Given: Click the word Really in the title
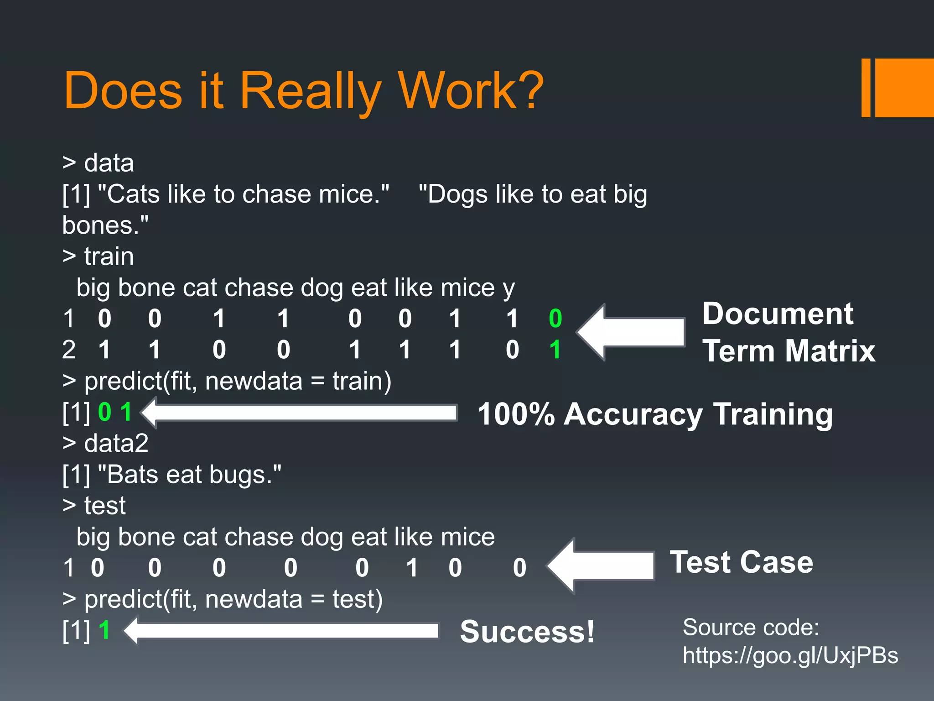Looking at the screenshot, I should tap(310, 91).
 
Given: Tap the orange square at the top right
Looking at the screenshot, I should tap(904, 88).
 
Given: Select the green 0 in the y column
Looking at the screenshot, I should tap(555, 319).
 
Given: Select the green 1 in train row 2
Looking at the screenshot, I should tap(555, 350).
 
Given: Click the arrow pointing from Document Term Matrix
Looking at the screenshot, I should tap(631, 332).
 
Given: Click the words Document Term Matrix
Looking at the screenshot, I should tap(788, 332).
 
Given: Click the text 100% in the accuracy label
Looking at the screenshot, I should tap(515, 414).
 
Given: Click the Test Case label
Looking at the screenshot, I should tap(741, 562).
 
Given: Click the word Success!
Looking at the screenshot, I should tap(527, 632).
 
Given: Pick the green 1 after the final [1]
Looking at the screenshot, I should tap(104, 630).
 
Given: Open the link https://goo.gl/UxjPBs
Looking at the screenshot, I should tap(790, 655).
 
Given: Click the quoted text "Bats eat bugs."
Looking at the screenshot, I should tap(190, 475).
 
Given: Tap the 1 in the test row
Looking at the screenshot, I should tap(412, 568).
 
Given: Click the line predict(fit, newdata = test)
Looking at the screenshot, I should tap(233, 599).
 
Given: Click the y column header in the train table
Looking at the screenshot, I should tap(509, 289).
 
